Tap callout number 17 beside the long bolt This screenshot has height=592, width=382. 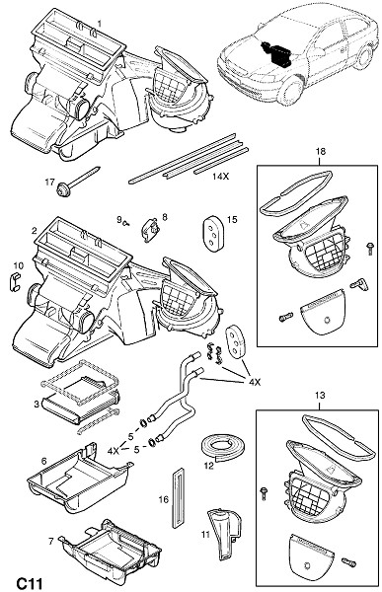[50, 182]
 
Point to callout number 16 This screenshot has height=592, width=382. [163, 499]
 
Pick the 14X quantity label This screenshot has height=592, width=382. [220, 176]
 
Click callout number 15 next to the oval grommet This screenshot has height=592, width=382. [232, 219]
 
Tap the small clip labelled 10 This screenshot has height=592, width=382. [14, 282]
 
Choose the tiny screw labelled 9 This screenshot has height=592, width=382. [127, 224]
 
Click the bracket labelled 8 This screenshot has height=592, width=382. [150, 229]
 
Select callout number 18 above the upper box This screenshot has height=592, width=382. [321, 151]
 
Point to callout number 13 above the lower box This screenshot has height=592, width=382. [320, 396]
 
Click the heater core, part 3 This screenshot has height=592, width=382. [81, 403]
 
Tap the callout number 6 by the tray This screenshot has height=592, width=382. [43, 461]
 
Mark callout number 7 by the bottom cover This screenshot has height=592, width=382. [51, 541]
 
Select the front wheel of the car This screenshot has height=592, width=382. [290, 93]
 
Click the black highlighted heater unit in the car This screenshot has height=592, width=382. [277, 53]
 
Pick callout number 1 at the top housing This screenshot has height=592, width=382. [100, 24]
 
